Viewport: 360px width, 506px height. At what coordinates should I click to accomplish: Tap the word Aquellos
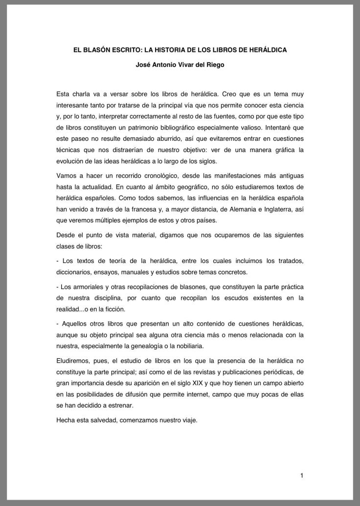[x=75, y=323]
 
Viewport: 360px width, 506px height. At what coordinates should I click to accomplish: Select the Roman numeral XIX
[x=196, y=384]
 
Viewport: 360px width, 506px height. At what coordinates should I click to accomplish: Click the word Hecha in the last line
[x=66, y=419]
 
